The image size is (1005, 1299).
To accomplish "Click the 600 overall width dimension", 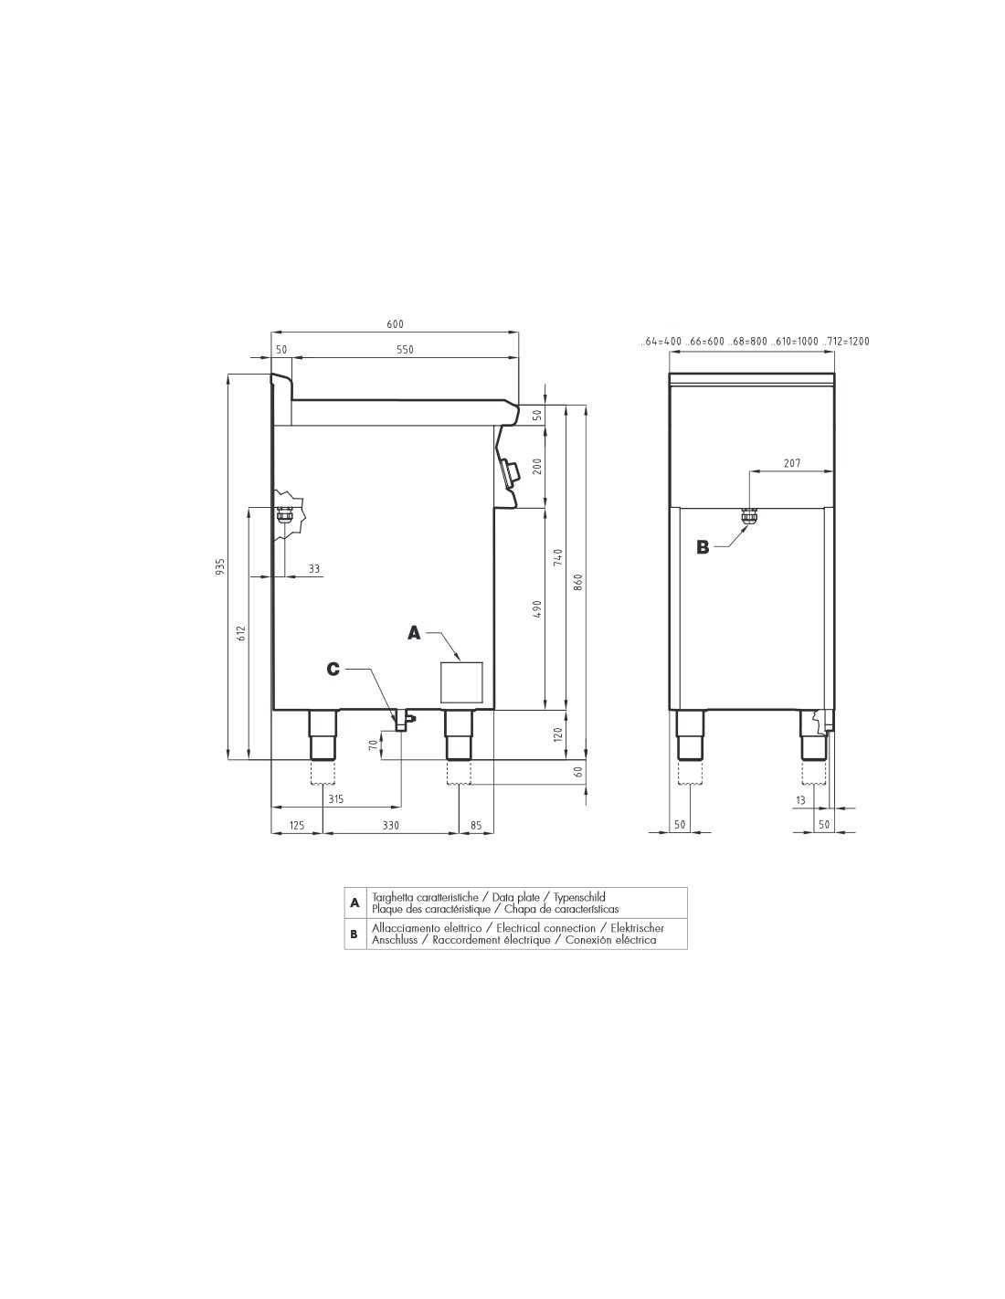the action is (x=395, y=324).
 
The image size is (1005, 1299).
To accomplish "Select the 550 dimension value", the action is (x=405, y=350).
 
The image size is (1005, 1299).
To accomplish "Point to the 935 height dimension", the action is (x=220, y=566).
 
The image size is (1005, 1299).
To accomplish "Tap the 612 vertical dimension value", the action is (x=241, y=634).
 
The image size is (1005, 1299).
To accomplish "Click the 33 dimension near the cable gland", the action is (x=314, y=568).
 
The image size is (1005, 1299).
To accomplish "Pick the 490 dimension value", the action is (x=537, y=609).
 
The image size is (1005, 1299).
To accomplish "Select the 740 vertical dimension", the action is (x=558, y=557).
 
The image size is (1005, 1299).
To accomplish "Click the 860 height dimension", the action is (x=577, y=582).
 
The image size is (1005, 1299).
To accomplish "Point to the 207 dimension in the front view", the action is (x=791, y=463).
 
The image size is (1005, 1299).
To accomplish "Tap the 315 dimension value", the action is (x=336, y=799).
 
